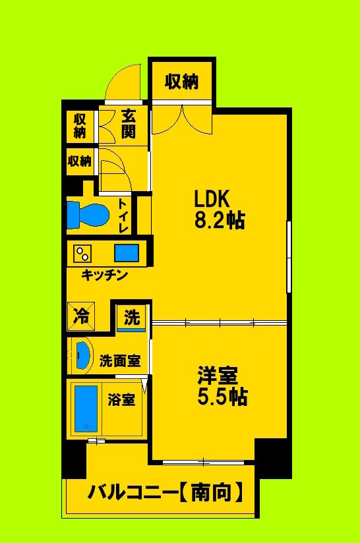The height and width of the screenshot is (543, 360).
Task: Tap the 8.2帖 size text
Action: point(219,220)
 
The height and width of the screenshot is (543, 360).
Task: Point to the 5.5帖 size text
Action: point(222,397)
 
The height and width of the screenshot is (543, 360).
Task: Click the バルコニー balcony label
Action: point(132,492)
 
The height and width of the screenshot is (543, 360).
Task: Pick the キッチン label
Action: point(104,275)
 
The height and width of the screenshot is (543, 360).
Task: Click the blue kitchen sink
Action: point(127,253)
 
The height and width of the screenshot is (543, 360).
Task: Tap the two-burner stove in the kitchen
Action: point(83,253)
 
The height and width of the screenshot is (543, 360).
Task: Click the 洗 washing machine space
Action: point(132,318)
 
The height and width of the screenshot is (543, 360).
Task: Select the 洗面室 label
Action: point(119,361)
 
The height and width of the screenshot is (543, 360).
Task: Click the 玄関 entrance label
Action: point(128,124)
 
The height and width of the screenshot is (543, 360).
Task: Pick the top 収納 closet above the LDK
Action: point(181,82)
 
